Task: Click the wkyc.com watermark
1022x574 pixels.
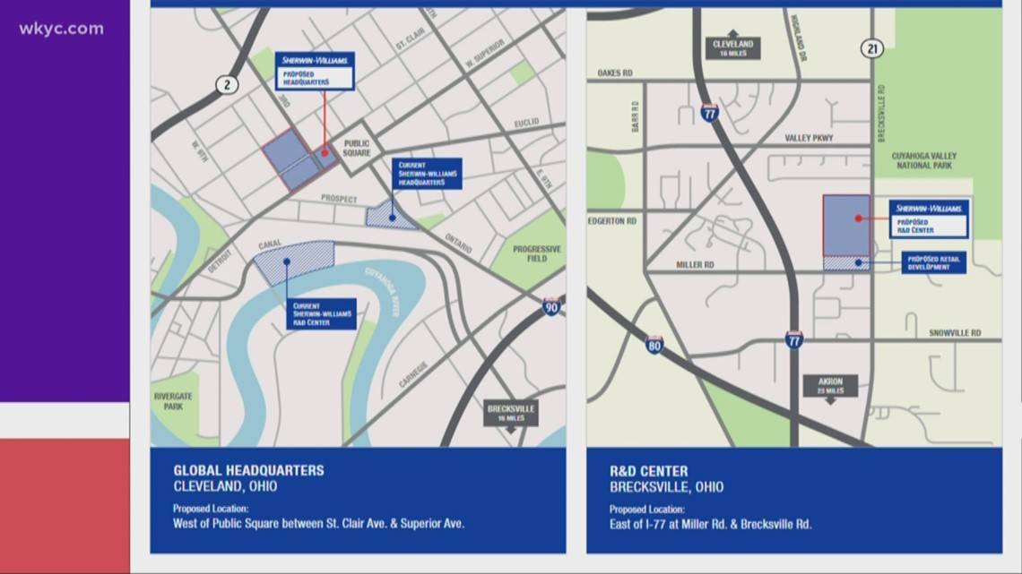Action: tap(62, 29)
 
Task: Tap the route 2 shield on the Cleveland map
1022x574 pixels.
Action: tap(226, 85)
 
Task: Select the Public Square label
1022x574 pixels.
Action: tap(356, 148)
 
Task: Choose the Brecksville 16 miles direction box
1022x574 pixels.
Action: tap(510, 413)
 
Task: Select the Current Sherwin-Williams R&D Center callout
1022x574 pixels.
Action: tap(323, 314)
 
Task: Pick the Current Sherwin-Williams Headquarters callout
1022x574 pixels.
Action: tap(427, 174)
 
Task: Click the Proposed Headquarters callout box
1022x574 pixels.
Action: tap(315, 71)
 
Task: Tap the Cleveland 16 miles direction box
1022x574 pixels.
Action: tap(732, 47)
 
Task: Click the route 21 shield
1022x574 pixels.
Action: tap(872, 50)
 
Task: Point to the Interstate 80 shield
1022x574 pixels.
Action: tap(654, 345)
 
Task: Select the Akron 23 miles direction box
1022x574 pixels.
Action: tap(830, 386)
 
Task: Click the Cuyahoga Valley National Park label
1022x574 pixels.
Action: tap(923, 161)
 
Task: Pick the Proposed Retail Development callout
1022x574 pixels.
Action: tap(933, 262)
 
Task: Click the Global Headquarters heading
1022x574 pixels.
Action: tap(248, 470)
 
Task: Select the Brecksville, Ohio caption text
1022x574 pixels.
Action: tap(666, 487)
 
